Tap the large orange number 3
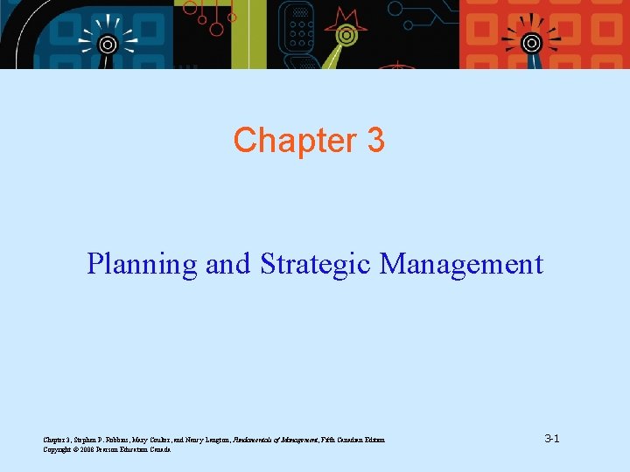(374, 140)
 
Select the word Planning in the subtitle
(142, 263)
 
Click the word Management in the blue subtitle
(461, 263)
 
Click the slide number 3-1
(551, 437)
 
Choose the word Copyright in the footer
(57, 449)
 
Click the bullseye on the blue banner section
(108, 43)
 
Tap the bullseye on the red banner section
(531, 42)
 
